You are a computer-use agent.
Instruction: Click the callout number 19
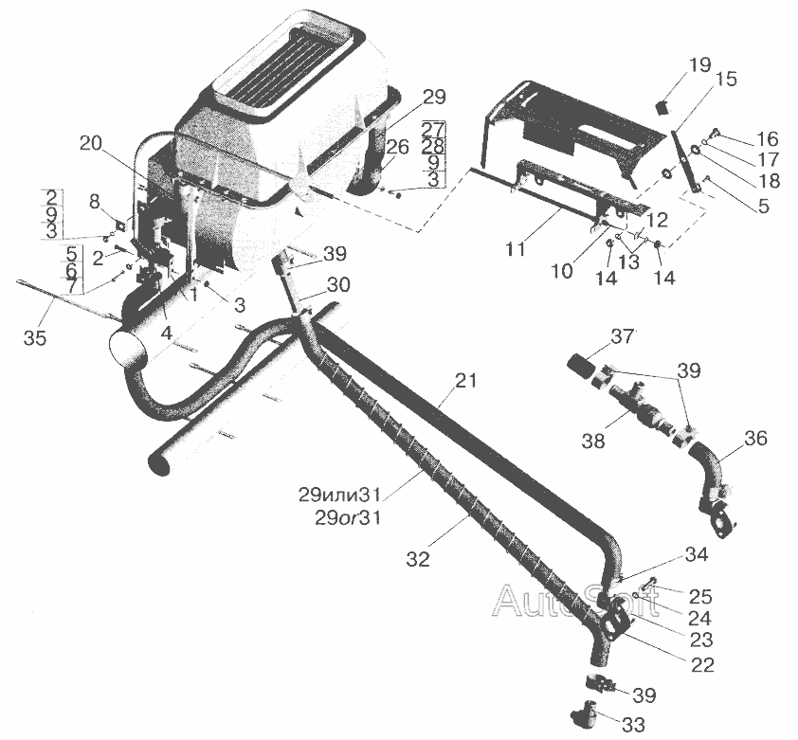click(699, 66)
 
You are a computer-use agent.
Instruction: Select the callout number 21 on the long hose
click(465, 382)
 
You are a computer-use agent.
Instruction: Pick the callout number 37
click(622, 336)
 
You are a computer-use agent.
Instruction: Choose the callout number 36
click(756, 439)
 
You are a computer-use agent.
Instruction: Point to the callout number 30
click(338, 284)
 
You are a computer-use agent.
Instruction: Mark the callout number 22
click(701, 664)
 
